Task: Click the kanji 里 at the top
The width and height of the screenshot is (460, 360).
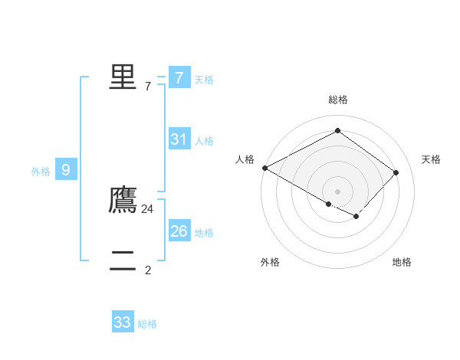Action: [123, 77]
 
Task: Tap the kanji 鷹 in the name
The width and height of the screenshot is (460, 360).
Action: [123, 199]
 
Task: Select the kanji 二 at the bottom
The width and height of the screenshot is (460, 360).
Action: [123, 261]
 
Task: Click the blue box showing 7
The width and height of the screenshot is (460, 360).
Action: [179, 77]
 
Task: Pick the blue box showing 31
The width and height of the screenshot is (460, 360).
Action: [179, 139]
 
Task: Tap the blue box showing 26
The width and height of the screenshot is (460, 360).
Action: [179, 231]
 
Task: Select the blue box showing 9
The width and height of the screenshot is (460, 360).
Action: [66, 170]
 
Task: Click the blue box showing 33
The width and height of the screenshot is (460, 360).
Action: [123, 322]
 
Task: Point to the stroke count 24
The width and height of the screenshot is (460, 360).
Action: [148, 208]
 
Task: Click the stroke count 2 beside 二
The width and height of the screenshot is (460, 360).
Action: [148, 270]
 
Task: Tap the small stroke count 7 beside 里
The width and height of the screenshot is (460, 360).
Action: [148, 86]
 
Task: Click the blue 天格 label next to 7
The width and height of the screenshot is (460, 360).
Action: [204, 79]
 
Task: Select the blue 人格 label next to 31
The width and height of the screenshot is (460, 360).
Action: [204, 141]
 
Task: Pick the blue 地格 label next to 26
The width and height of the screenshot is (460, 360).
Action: [204, 232]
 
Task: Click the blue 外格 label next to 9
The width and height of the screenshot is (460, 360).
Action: [41, 172]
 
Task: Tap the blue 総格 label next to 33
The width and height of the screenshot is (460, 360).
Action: [147, 324]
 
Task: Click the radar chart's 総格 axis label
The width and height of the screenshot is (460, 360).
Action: [337, 100]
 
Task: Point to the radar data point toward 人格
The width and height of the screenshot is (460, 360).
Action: [264, 167]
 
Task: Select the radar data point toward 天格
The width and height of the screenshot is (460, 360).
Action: [396, 172]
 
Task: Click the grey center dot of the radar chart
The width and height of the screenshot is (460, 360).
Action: [337, 191]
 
